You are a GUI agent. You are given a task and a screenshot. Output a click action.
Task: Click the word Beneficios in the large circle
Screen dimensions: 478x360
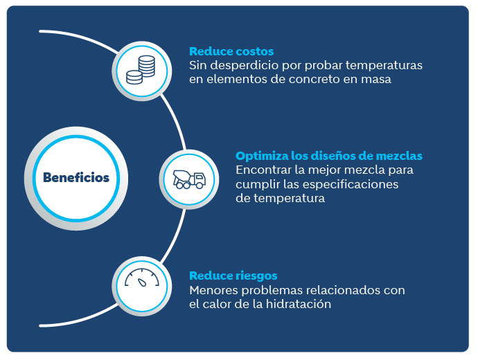coord(76,177)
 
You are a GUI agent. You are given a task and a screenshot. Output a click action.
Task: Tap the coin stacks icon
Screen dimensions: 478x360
coord(141,70)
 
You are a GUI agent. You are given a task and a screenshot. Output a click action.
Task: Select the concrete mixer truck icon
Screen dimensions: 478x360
coord(189,179)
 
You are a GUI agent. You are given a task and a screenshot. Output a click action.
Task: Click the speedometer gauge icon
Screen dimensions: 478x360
coord(142,278)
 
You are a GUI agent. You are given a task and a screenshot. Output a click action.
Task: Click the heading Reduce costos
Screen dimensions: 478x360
coord(231,51)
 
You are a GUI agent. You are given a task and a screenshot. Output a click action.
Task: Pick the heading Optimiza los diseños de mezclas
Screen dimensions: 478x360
coord(329,156)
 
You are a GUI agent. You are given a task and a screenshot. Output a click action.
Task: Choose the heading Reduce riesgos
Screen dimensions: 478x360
coord(233,276)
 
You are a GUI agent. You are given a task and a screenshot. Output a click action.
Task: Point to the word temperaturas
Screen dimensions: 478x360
coord(384,66)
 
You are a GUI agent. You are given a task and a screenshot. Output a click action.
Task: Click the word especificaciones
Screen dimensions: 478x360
coord(351,185)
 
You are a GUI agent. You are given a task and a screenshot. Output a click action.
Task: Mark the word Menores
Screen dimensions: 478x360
coord(213,290)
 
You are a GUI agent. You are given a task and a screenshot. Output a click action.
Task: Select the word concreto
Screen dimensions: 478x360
coord(315,80)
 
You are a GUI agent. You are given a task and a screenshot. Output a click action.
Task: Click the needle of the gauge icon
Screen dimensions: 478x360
coord(142,282)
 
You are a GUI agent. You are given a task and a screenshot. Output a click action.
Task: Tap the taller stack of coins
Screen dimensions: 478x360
coord(147,66)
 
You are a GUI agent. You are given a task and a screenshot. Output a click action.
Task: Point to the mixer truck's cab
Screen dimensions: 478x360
coord(200,179)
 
